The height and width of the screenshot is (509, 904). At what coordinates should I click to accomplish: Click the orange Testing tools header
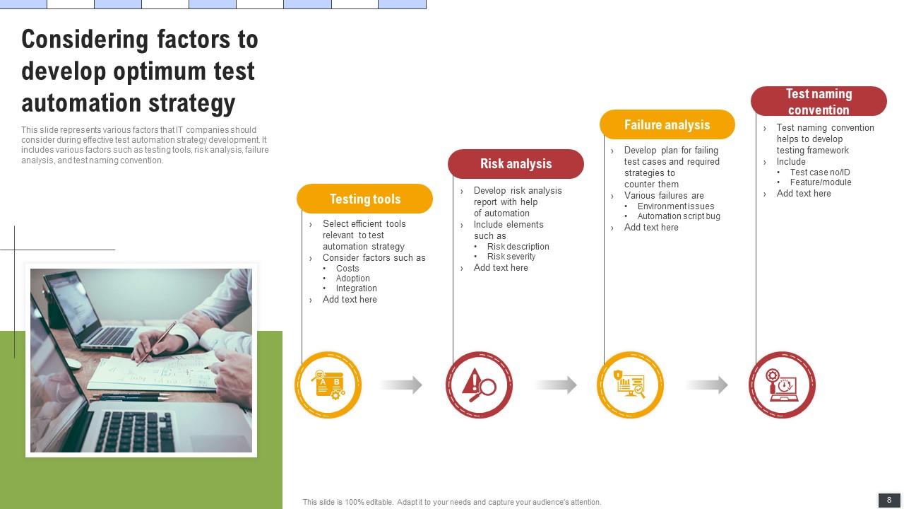364,199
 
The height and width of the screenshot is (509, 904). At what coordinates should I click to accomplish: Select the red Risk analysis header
516,163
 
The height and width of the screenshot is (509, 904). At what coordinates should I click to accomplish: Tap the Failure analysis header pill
667,124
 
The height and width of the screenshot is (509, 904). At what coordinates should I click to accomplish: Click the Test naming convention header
819,101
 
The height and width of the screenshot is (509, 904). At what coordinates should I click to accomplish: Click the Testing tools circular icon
328,385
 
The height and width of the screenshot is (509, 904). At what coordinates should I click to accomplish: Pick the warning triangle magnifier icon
479,385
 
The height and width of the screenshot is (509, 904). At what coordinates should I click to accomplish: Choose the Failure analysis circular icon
630,385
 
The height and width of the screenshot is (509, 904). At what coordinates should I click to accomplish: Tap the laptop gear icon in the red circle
782,385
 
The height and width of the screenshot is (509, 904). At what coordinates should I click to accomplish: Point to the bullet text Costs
347,269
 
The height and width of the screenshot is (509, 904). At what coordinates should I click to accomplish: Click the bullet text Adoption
353,279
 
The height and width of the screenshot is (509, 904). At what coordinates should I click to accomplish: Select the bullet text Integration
357,288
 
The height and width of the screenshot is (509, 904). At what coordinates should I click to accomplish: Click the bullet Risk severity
511,257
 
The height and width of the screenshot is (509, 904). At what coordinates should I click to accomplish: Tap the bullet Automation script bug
679,216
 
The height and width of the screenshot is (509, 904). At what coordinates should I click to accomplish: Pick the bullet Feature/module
821,182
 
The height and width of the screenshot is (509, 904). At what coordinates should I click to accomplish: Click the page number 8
889,500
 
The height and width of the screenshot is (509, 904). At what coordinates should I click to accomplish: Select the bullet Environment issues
676,206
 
